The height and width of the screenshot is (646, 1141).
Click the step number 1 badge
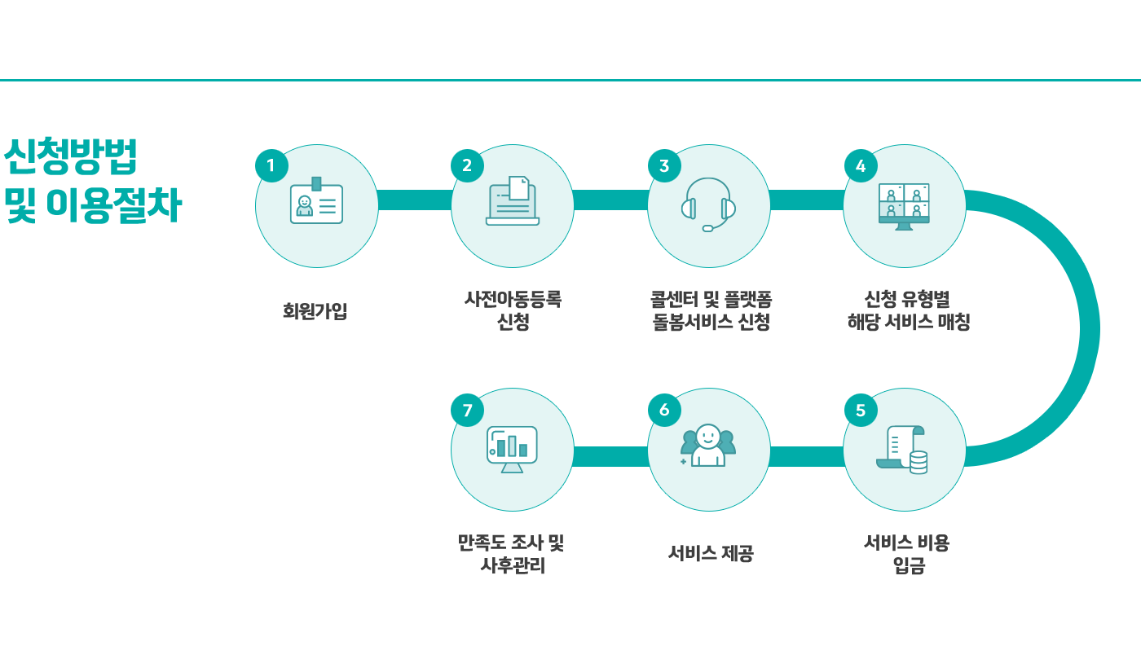271,165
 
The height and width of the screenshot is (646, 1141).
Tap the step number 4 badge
860,165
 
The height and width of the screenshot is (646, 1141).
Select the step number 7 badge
467,410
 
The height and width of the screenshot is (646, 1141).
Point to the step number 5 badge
860,410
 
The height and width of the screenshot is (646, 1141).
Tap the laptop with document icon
513,202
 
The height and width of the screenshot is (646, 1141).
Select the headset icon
708,204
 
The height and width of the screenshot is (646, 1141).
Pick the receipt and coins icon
903,450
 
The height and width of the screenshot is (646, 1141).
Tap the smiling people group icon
707,446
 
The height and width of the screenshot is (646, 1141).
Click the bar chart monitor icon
512,449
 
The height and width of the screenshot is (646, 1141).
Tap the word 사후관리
513,565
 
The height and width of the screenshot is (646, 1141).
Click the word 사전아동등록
513,299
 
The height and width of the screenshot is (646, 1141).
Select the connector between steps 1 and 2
415,200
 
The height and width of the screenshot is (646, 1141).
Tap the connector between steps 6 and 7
610,457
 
